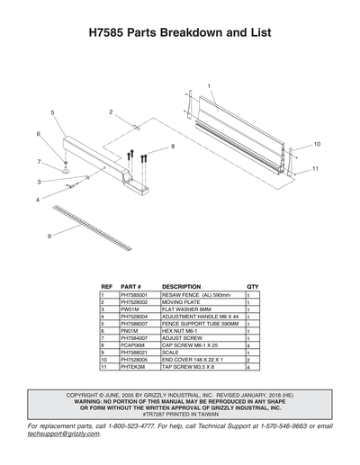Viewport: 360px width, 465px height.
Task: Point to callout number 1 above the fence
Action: [208, 85]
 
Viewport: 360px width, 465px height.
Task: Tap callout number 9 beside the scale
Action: [49, 236]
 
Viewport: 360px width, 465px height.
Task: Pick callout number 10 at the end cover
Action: [316, 144]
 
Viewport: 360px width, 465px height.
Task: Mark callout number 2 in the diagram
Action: [111, 112]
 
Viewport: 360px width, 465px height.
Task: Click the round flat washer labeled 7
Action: [67, 168]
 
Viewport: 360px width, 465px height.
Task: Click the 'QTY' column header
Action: [252, 286]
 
